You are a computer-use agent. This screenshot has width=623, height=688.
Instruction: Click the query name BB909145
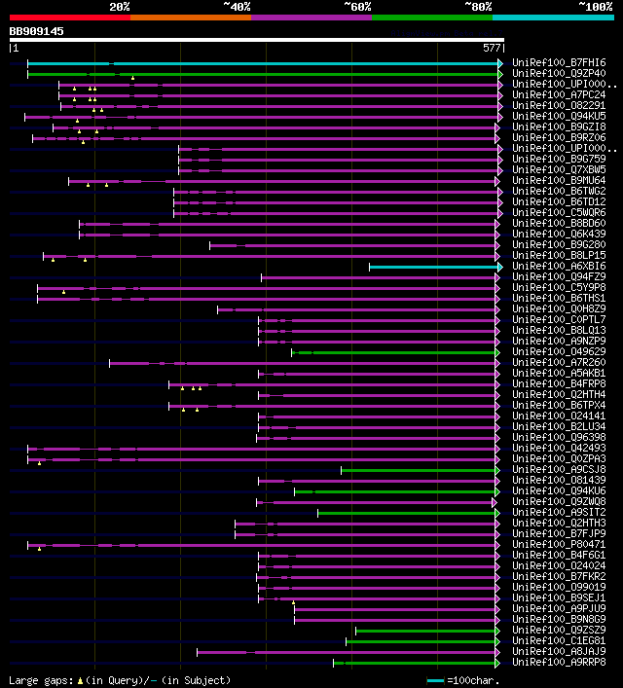[x=37, y=31]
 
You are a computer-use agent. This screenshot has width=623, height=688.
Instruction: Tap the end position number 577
[x=492, y=47]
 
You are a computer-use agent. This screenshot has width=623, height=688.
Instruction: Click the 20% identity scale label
[x=120, y=7]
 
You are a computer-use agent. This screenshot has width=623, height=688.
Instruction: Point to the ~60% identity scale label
[x=357, y=7]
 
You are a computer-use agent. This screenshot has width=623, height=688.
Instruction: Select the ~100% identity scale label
[x=596, y=7]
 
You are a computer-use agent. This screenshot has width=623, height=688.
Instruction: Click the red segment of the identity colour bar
[x=69, y=18]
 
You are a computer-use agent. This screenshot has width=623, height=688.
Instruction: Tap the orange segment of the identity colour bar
[x=190, y=18]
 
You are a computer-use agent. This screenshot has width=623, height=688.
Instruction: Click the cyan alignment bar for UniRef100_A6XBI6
[x=434, y=266]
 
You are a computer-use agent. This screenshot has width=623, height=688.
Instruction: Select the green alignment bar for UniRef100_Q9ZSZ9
[x=426, y=630]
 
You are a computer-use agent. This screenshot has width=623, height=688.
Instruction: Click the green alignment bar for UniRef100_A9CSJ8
[x=419, y=469]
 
